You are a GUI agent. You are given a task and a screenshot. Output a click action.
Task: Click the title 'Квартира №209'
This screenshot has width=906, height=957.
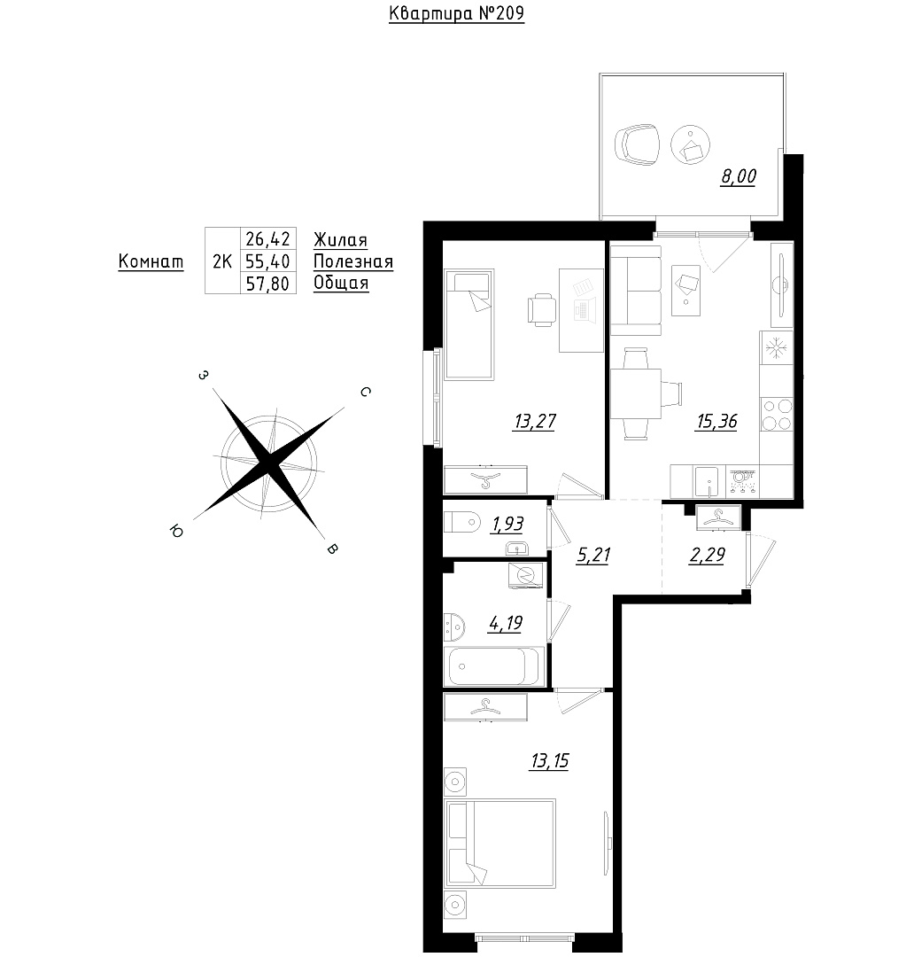click(456, 13)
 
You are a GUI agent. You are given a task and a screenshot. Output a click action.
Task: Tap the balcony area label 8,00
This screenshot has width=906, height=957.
click(739, 176)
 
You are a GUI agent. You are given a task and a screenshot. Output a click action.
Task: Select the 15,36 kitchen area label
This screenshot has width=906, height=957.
click(716, 421)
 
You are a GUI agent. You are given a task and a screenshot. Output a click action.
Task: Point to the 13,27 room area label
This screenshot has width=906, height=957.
click(535, 421)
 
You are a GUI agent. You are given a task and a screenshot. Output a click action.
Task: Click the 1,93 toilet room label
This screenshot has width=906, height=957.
click(507, 525)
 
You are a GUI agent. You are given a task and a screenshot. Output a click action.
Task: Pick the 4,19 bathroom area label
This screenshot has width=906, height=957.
click(505, 623)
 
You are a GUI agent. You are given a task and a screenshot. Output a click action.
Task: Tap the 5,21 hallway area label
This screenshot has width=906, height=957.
click(593, 556)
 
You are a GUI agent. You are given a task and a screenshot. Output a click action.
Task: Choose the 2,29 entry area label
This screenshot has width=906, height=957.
click(707, 555)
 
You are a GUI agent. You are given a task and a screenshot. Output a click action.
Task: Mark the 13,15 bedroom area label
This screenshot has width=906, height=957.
click(550, 761)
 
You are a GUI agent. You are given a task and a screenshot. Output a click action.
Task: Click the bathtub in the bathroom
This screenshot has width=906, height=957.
click(494, 666)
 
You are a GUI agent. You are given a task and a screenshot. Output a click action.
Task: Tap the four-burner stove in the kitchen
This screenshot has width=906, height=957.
click(777, 415)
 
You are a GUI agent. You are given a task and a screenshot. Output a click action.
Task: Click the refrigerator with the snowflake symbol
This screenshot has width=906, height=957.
click(777, 348)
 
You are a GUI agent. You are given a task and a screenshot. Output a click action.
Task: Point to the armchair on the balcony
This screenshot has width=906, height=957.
click(638, 144)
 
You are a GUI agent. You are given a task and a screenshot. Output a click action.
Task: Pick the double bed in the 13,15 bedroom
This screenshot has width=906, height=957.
click(500, 843)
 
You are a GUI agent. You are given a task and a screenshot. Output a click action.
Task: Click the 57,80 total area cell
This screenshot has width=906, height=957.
click(267, 284)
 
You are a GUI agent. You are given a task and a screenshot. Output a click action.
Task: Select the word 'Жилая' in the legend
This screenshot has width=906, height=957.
click(341, 240)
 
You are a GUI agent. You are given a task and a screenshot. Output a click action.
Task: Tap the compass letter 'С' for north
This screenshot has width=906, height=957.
click(365, 392)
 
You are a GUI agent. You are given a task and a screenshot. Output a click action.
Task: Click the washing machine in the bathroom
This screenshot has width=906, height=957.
click(525, 575)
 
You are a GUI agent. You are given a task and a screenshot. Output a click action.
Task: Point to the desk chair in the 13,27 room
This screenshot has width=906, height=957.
click(541, 309)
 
